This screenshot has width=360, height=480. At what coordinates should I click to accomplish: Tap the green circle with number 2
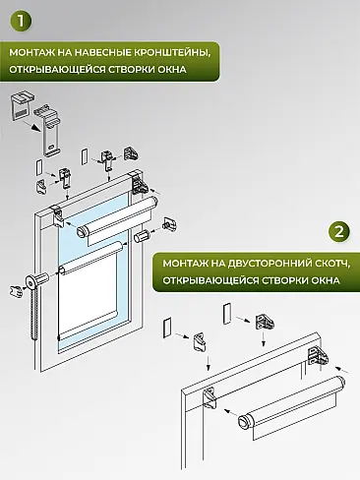(x=338, y=232)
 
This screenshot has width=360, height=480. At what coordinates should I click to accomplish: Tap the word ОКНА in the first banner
(x=195, y=70)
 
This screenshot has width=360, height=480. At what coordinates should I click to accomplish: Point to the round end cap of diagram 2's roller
(x=243, y=423)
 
